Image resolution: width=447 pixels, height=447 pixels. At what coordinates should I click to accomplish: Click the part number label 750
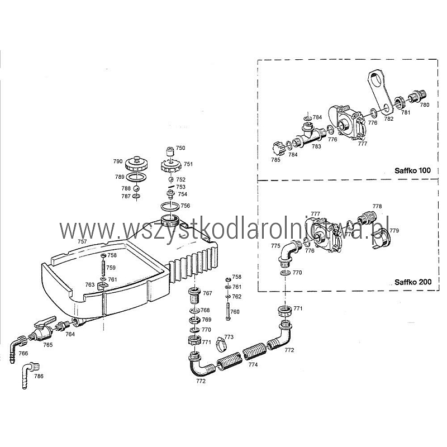(x=180, y=148)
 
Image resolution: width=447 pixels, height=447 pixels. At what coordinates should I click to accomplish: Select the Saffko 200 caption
(x=412, y=282)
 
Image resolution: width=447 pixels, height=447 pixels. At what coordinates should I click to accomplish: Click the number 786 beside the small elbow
(x=39, y=377)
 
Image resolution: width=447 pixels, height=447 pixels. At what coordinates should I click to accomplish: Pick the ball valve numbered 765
(x=42, y=331)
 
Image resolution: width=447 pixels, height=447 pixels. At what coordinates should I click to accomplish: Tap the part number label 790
(x=118, y=161)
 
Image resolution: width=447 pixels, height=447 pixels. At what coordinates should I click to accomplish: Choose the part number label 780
(x=425, y=104)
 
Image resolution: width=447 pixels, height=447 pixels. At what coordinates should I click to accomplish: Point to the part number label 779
(x=394, y=231)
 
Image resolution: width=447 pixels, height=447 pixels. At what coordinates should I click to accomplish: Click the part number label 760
(x=235, y=312)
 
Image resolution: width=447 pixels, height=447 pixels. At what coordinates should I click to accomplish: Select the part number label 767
(x=207, y=293)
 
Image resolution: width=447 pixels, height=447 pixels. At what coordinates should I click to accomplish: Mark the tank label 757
(x=82, y=242)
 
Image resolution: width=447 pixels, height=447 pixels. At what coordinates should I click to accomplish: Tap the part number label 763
(x=89, y=285)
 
